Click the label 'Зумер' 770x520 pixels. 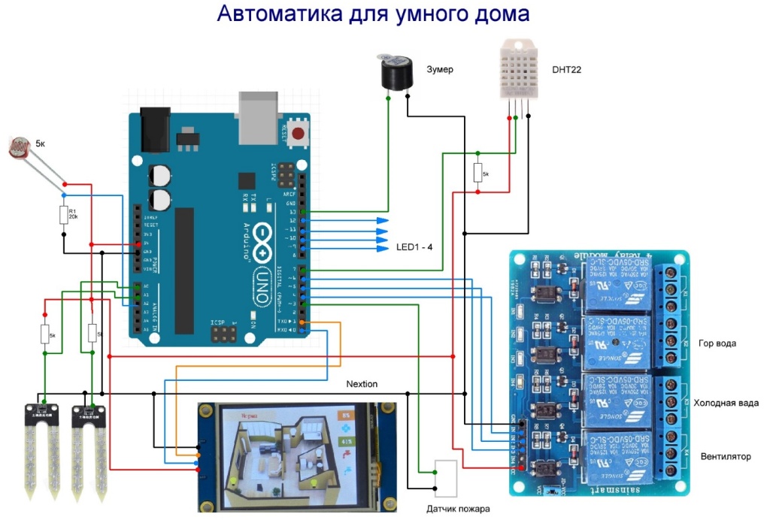pyautogui.click(x=440, y=70)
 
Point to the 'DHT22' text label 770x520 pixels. pyautogui.click(x=567, y=70)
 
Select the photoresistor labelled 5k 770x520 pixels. pyautogui.click(x=20, y=147)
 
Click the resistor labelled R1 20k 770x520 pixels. pyautogui.click(x=63, y=216)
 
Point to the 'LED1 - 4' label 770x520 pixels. pyautogui.click(x=414, y=246)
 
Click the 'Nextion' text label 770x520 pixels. pyautogui.click(x=362, y=384)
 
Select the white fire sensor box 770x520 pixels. pyautogui.click(x=446, y=478)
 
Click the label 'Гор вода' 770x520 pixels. pyautogui.click(x=717, y=343)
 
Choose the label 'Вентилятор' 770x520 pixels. pyautogui.click(x=726, y=456)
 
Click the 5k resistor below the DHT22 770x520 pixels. pyautogui.click(x=478, y=173)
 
